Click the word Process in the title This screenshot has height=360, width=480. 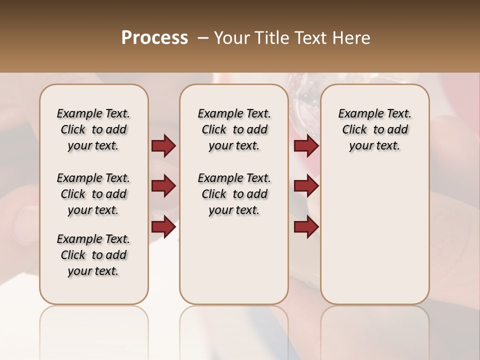(x=154, y=38)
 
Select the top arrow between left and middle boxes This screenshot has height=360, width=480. (x=163, y=146)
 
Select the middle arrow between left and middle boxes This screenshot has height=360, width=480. (x=163, y=186)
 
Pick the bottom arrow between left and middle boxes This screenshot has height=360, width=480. (x=163, y=226)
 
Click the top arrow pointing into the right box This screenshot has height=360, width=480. (x=306, y=146)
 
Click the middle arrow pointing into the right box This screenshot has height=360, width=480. (x=306, y=186)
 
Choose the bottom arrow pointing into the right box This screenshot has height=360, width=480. (x=306, y=226)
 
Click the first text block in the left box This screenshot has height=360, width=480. (x=93, y=129)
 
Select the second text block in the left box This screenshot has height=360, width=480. (x=93, y=194)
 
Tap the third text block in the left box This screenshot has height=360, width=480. (x=93, y=255)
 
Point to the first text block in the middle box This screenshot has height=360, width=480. (x=234, y=129)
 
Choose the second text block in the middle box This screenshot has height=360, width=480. (x=234, y=194)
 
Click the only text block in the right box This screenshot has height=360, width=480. (x=374, y=129)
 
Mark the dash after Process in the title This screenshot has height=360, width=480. (x=203, y=38)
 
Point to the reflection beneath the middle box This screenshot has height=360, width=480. (x=234, y=325)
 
